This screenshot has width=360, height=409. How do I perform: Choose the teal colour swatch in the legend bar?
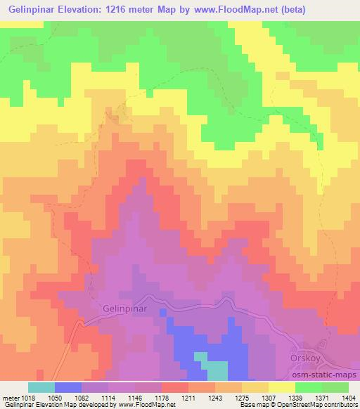41,387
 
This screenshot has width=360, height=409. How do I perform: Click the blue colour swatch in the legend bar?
67,387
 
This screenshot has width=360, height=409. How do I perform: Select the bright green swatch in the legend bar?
308,387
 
